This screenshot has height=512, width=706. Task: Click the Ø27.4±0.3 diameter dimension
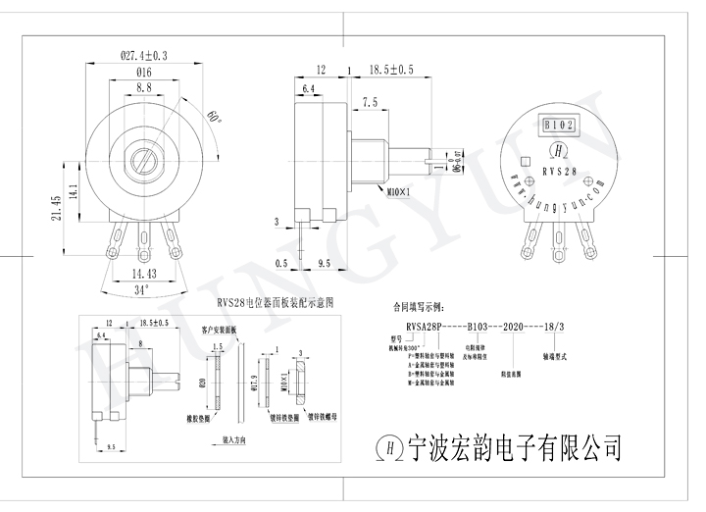[143, 56]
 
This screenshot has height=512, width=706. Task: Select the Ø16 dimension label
[143, 73]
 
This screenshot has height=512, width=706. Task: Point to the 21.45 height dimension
[56, 210]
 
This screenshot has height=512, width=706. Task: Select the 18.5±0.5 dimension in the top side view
[391, 70]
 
